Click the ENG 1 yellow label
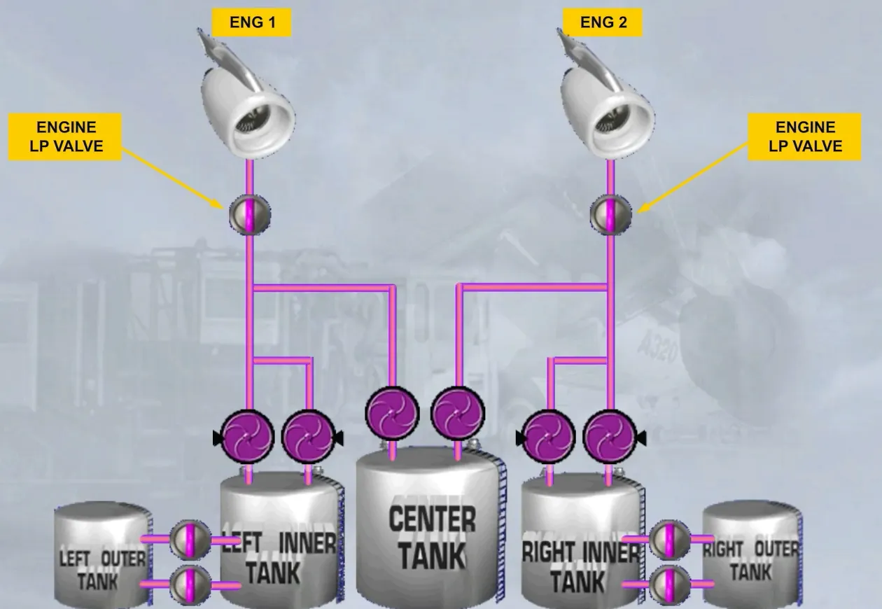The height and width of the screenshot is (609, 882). click(x=251, y=22)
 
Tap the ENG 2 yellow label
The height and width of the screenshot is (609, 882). click(x=603, y=22)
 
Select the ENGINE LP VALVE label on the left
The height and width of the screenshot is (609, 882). click(x=65, y=136)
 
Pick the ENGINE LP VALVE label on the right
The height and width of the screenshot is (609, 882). click(x=804, y=136)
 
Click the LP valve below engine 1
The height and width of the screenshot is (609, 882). click(x=250, y=215)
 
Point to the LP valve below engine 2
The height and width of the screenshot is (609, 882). click(x=610, y=215)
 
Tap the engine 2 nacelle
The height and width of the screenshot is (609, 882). click(x=606, y=94)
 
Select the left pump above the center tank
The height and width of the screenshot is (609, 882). click(x=392, y=413)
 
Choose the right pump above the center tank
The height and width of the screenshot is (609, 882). click(x=458, y=413)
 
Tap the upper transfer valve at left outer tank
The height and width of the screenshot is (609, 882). click(x=190, y=540)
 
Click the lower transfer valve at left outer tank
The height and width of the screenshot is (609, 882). click(x=190, y=585)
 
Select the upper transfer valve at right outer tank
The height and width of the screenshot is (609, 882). click(x=669, y=540)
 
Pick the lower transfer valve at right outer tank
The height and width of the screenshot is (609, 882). click(x=669, y=584)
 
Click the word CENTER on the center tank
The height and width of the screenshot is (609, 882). click(x=432, y=519)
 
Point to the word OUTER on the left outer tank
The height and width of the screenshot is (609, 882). click(x=123, y=559)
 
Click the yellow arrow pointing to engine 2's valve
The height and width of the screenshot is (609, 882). click(x=692, y=178)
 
